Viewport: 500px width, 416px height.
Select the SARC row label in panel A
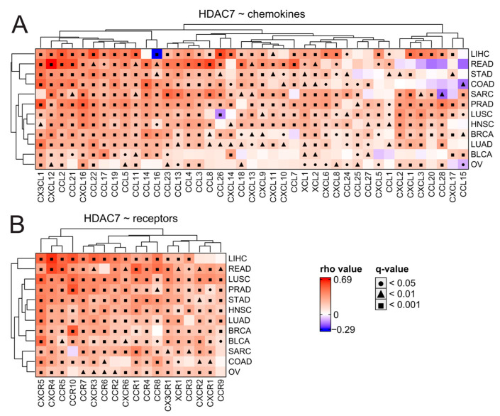click(x=481, y=93)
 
